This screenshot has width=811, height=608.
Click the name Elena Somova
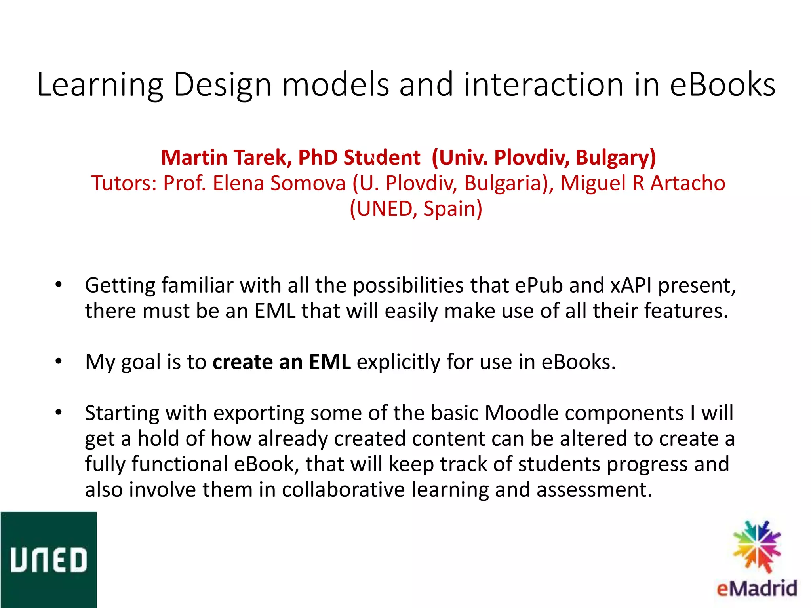[x=279, y=183]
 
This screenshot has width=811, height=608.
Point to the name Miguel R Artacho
[x=642, y=183]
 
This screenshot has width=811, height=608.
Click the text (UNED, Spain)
[x=416, y=209]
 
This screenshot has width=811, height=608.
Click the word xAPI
[x=631, y=285]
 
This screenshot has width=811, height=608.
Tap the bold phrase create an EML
[x=282, y=362]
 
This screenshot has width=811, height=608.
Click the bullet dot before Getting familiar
[x=59, y=285]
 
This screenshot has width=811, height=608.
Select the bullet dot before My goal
[x=59, y=361]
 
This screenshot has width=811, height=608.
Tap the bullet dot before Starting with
[x=59, y=412]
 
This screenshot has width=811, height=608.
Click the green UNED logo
[x=48, y=560]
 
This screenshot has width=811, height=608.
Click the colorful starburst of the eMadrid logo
[x=756, y=547]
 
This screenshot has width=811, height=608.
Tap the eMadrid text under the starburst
[x=756, y=589]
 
